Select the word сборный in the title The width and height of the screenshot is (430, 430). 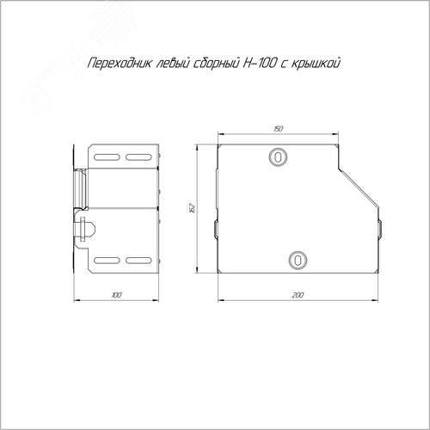(216, 64)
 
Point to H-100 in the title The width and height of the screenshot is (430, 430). (260, 63)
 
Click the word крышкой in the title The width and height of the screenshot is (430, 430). (316, 64)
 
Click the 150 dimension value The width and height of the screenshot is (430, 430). (278, 129)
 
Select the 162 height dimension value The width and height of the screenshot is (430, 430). (192, 208)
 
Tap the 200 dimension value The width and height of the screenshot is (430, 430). (298, 295)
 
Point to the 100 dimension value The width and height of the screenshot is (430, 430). (116, 295)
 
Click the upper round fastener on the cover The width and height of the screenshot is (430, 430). (278, 157)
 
